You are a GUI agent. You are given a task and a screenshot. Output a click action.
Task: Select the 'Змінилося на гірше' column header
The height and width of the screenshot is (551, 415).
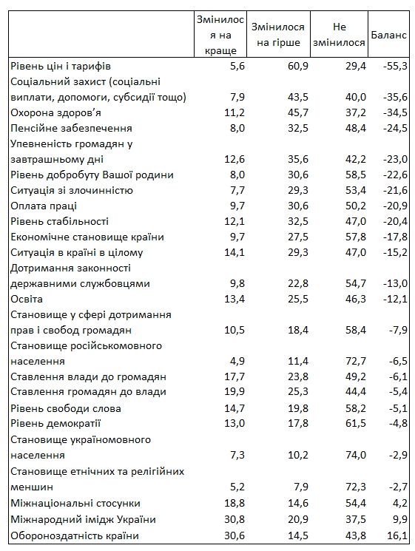coord(276,35)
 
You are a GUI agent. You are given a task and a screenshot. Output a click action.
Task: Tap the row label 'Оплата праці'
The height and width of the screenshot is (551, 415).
coord(44,206)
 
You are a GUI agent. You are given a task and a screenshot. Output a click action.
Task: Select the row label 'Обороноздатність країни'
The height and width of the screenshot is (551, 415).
coord(75,535)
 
